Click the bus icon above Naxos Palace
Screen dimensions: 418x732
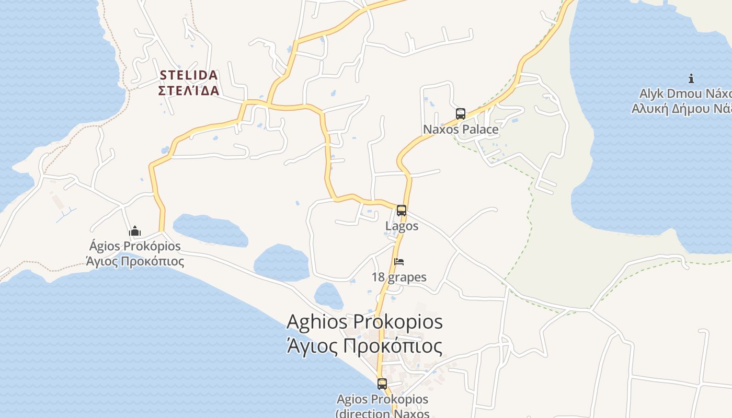(x=461, y=114)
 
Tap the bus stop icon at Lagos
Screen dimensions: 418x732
(x=402, y=211)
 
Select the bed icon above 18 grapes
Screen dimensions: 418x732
(x=399, y=262)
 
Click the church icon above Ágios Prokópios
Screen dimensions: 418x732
(x=135, y=230)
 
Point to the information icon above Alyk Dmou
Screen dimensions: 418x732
(x=691, y=79)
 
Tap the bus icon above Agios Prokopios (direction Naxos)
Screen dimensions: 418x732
(x=382, y=384)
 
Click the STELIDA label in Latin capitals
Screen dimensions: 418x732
(x=188, y=76)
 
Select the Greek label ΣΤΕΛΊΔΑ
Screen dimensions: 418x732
(x=188, y=90)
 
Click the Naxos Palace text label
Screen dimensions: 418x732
(x=461, y=129)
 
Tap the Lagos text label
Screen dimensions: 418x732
(x=402, y=226)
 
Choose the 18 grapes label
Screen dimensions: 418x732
(x=399, y=277)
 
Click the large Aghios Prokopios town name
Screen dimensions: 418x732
(x=364, y=322)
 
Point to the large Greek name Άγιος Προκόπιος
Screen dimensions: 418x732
(x=364, y=346)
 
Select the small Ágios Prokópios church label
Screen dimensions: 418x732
(x=135, y=246)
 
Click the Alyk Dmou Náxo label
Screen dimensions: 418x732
(x=685, y=94)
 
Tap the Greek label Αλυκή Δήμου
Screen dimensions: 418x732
(x=681, y=109)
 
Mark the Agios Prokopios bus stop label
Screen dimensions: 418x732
(x=382, y=400)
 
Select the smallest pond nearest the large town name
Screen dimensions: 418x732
(x=328, y=296)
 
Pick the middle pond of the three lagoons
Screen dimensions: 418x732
(x=282, y=263)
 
